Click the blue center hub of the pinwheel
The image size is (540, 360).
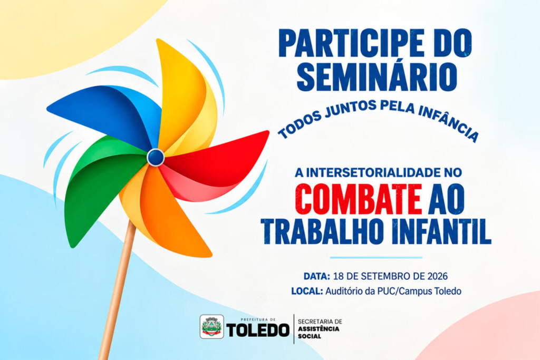156,157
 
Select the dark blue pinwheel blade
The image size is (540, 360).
103,113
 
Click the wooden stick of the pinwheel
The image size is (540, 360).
117,293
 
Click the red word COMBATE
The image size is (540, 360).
359,200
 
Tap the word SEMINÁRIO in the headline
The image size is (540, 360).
377,76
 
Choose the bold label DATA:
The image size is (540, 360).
317,276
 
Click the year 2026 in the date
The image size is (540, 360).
437,276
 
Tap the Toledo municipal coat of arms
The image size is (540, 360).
212,327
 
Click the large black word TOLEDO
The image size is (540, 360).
258,330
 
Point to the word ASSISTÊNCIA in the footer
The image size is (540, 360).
319,329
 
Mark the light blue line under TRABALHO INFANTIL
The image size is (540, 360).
376,257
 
